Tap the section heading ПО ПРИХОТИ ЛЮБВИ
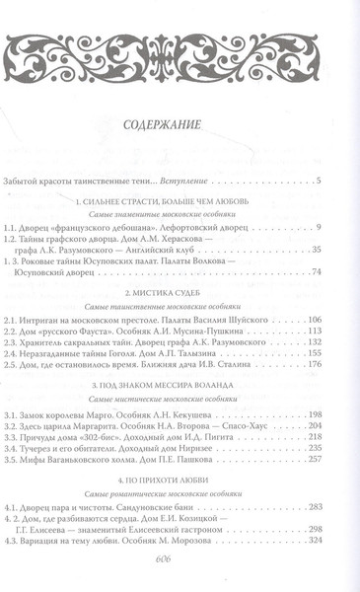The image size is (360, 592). [x=180, y=489]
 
